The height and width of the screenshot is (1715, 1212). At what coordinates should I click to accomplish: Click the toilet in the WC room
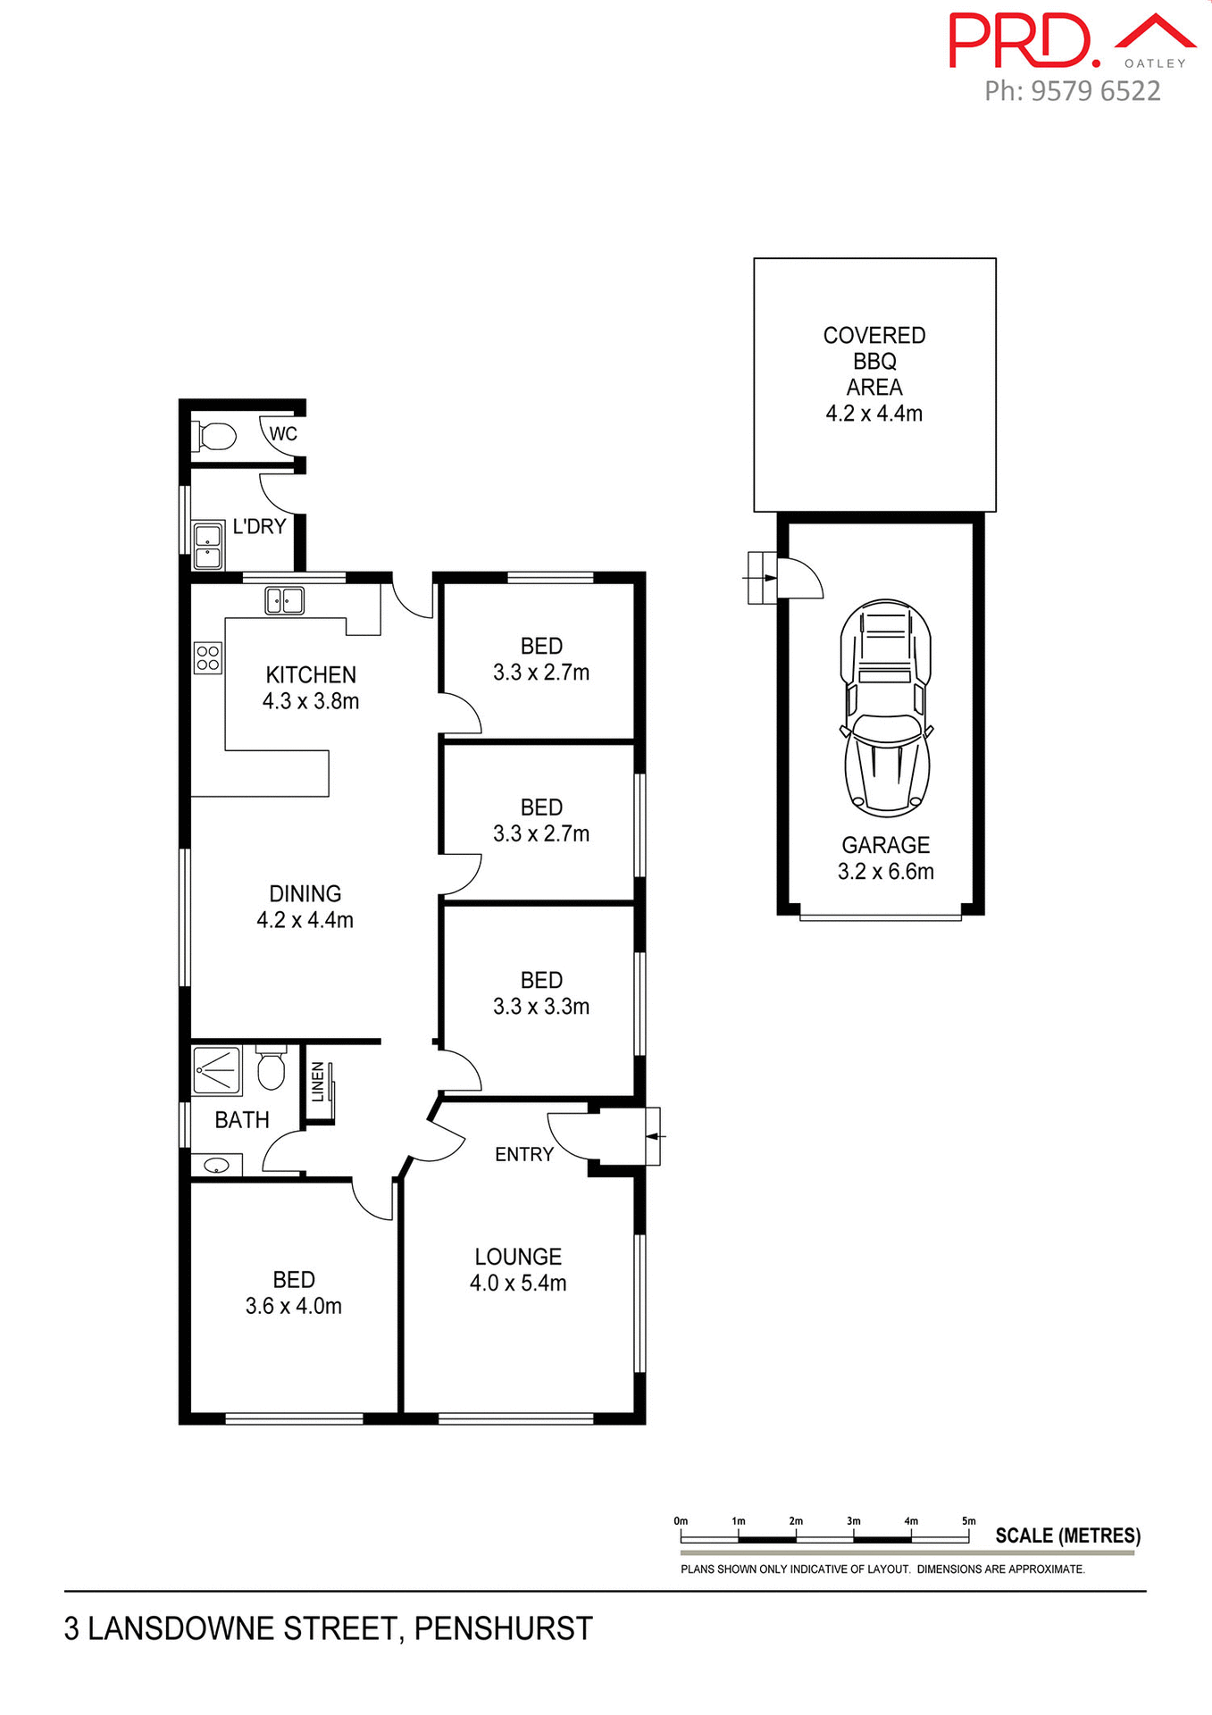click(x=214, y=437)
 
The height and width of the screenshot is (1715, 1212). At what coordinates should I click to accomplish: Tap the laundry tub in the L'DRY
click(x=207, y=547)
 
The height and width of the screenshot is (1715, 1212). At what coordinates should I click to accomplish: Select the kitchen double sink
click(x=285, y=600)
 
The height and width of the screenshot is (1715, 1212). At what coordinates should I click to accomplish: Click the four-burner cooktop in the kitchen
click(x=207, y=658)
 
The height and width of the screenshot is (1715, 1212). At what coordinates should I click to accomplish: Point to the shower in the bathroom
click(x=217, y=1070)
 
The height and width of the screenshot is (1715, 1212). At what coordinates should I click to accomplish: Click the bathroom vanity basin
click(x=216, y=1166)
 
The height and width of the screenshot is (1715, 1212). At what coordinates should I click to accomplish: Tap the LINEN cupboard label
click(x=318, y=1082)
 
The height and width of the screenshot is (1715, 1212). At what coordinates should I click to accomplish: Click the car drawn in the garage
click(x=886, y=707)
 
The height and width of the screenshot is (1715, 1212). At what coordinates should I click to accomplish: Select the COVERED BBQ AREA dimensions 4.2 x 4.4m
click(x=873, y=414)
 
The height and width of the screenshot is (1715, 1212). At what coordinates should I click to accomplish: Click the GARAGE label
click(x=885, y=845)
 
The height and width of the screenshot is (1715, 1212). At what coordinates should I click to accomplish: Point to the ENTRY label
click(x=524, y=1154)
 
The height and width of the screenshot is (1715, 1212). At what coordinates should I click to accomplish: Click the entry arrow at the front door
click(x=655, y=1136)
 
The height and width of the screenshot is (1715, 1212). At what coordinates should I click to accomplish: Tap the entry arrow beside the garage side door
click(x=759, y=578)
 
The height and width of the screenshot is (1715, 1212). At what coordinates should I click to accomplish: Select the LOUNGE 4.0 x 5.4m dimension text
click(x=518, y=1284)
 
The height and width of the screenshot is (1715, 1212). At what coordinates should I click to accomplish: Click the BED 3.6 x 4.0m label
click(x=294, y=1293)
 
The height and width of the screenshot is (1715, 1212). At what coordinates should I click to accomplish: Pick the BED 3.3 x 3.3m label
click(x=541, y=993)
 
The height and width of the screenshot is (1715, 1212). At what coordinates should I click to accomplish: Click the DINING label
click(x=305, y=894)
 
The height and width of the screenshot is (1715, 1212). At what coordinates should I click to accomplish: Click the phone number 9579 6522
click(x=1095, y=91)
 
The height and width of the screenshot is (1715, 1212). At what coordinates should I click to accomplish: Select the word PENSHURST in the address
click(x=503, y=1628)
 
